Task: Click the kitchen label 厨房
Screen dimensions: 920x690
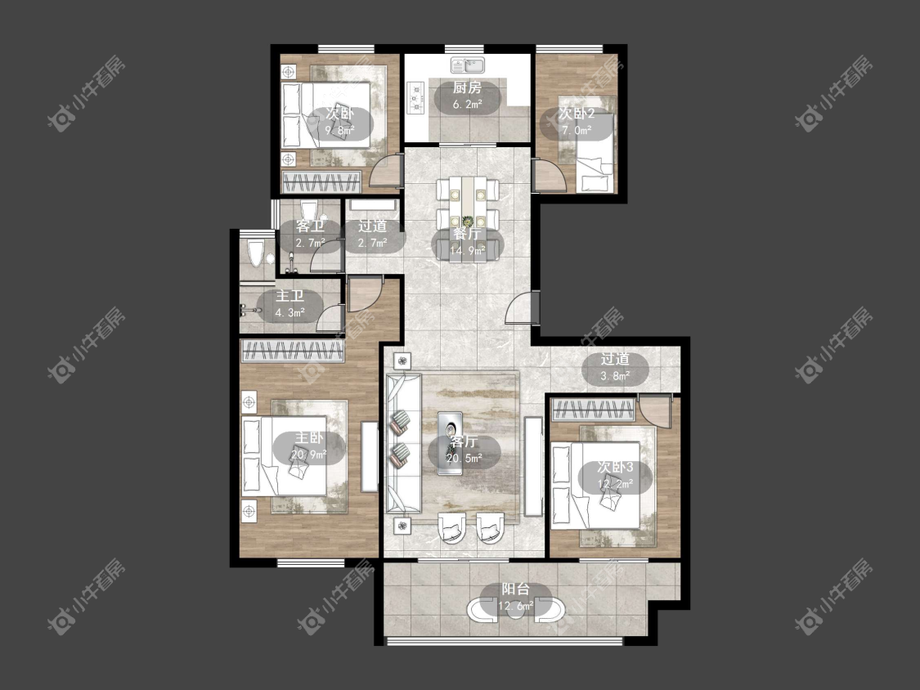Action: tap(467, 88)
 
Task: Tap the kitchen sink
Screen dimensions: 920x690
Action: tap(468, 65)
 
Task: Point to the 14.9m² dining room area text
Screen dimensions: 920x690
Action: tap(467, 251)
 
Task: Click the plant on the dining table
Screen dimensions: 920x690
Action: tap(468, 222)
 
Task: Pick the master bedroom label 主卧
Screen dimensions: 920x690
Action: tap(308, 437)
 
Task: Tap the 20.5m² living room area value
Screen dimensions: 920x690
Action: tap(464, 458)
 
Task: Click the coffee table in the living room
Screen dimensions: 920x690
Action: tap(450, 443)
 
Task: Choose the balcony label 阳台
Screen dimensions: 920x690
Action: tap(516, 589)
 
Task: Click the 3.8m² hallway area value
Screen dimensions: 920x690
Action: tap(616, 375)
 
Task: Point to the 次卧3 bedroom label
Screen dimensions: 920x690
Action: tap(615, 468)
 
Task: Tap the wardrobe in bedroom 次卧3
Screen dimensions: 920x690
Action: tap(593, 410)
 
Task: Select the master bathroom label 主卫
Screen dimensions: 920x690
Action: tap(289, 296)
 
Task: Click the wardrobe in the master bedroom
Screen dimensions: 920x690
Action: tap(292, 351)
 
